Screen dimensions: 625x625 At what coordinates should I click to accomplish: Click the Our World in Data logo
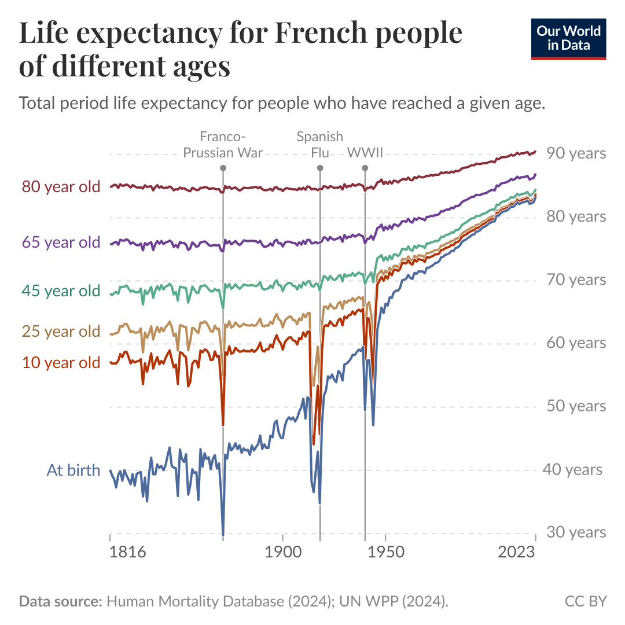pos(568,38)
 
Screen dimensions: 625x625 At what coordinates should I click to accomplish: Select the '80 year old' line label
pos(61,187)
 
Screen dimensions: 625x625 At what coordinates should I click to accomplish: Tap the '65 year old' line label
pos(61,242)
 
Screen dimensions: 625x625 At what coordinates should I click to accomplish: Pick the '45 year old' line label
pos(61,291)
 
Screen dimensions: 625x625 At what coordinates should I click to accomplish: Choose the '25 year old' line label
pos(61,332)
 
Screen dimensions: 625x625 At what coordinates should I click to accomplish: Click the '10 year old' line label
pos(61,363)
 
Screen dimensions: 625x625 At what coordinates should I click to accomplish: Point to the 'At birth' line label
pos(73,470)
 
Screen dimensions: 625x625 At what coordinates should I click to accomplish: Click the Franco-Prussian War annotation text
pos(223,145)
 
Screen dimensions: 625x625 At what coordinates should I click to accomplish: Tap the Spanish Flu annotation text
pos(319,145)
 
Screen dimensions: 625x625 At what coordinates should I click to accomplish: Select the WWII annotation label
pos(365,153)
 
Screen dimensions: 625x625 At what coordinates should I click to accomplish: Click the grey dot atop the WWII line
pos(365,168)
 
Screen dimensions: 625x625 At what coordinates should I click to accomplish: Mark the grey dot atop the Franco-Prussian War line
pos(223,168)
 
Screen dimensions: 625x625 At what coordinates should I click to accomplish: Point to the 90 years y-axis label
pos(576,153)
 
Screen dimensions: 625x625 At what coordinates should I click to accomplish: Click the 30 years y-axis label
pos(576,532)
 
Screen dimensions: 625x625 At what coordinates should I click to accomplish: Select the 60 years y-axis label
pos(576,343)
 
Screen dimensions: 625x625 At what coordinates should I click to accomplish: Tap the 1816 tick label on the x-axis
pos(127,552)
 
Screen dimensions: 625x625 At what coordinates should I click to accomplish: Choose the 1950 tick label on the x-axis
pos(384,552)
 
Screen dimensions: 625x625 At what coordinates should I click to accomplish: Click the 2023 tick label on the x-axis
pos(516,552)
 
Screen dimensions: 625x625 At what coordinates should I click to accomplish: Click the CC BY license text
pos(586,601)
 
